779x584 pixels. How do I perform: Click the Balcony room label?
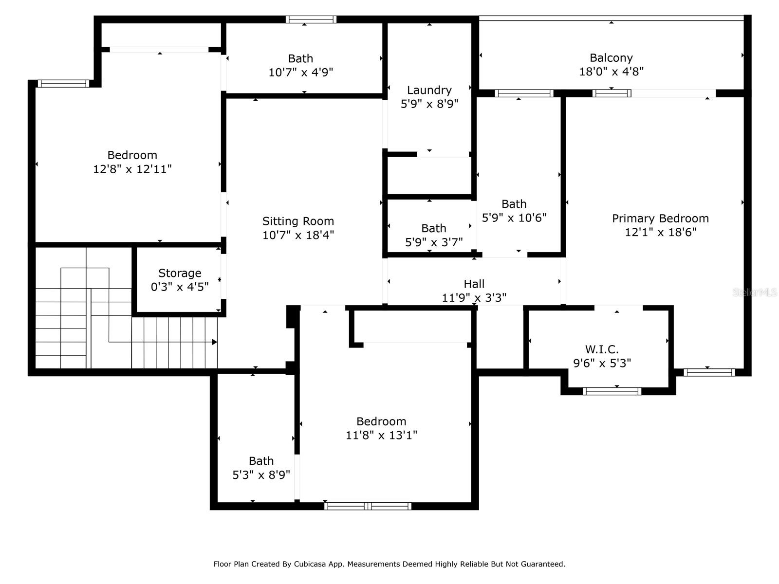(x=611, y=58)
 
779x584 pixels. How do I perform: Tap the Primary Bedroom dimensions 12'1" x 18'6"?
(x=660, y=232)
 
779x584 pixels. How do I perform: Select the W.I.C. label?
(x=602, y=349)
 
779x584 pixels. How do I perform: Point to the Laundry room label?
(x=429, y=90)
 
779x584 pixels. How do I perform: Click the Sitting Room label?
(x=298, y=221)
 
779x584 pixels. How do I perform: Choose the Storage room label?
(x=180, y=273)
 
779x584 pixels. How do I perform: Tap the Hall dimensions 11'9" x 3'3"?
(x=474, y=297)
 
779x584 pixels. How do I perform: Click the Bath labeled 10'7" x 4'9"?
(x=300, y=59)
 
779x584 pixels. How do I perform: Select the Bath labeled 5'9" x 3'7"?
(x=433, y=228)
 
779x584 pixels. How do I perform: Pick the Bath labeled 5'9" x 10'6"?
(x=514, y=204)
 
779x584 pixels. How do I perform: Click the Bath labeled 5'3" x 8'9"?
(x=261, y=461)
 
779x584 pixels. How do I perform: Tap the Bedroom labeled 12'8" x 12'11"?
(x=132, y=155)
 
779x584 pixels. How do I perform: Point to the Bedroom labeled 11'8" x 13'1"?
(x=381, y=421)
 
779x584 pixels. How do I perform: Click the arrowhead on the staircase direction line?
(x=214, y=342)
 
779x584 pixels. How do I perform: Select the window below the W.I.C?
(x=612, y=391)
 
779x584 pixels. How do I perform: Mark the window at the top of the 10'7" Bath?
(x=311, y=19)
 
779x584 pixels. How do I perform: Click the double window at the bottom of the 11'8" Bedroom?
(x=368, y=506)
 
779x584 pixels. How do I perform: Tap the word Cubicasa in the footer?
(x=311, y=564)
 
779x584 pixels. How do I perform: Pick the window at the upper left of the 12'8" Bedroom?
(x=63, y=84)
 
